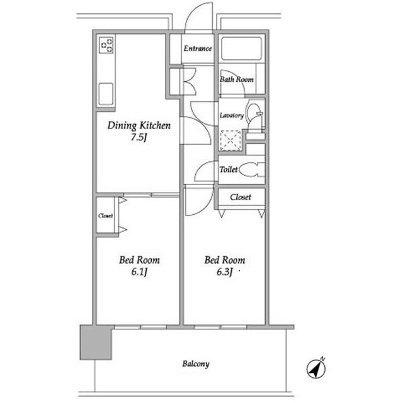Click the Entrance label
(x=198, y=48)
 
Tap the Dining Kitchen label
(x=139, y=125)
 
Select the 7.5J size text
(x=139, y=137)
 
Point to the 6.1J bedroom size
(x=139, y=272)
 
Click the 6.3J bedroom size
(x=225, y=272)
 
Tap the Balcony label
(x=196, y=364)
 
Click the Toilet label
(x=229, y=169)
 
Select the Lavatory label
(x=232, y=116)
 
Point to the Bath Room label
(x=237, y=79)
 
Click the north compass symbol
(x=316, y=368)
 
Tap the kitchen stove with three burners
(x=106, y=45)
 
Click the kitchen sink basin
(x=106, y=94)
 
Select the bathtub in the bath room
(x=241, y=49)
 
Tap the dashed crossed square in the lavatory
(x=230, y=140)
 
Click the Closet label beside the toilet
(x=241, y=197)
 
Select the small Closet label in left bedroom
(x=105, y=215)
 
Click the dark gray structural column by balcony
(x=96, y=343)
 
